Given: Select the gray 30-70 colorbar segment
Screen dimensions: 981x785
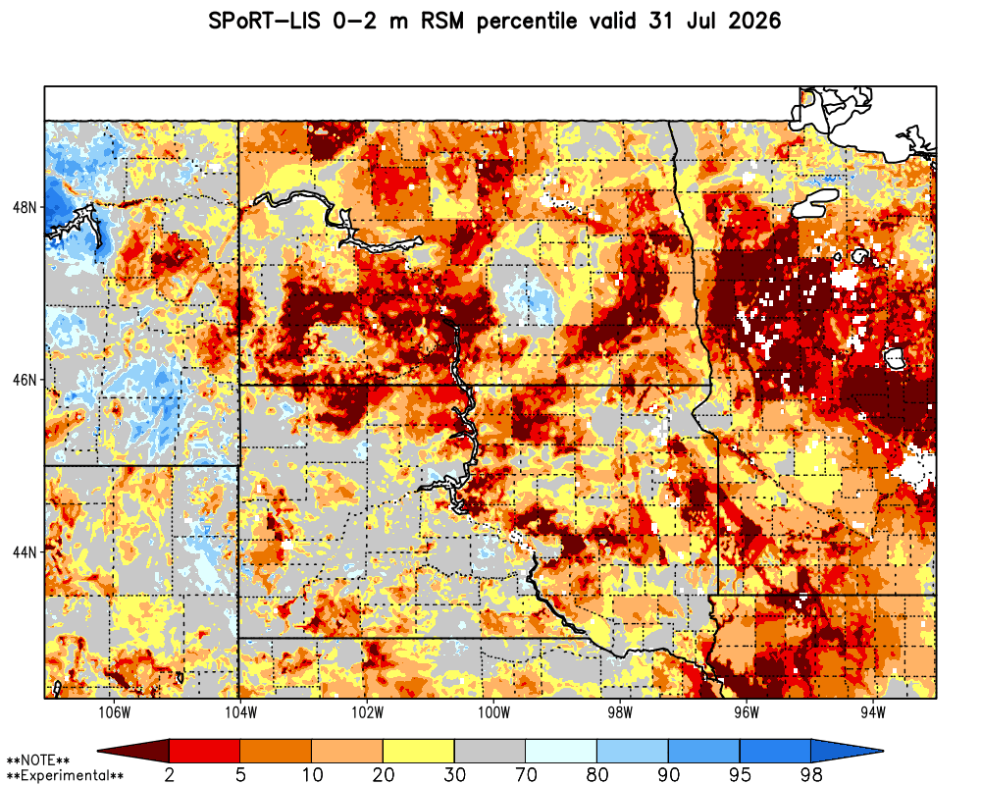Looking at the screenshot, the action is click(490, 750).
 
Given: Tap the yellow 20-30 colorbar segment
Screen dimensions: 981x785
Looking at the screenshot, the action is click(419, 750).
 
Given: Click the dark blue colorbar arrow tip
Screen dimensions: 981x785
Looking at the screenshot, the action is click(883, 750).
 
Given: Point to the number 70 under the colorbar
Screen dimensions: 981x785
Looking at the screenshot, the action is click(526, 775).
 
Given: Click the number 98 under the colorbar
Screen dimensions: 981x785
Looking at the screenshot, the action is click(811, 775).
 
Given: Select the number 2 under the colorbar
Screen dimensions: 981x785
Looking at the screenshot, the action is click(170, 775).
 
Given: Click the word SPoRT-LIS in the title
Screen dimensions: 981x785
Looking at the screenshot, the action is click(263, 22).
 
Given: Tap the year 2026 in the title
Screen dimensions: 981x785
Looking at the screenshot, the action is click(754, 22).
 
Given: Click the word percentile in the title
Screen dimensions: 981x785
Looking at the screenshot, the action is click(526, 22).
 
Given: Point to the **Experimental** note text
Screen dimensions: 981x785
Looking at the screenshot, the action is click(65, 775).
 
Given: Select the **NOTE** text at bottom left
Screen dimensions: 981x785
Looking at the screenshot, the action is click(37, 761).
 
